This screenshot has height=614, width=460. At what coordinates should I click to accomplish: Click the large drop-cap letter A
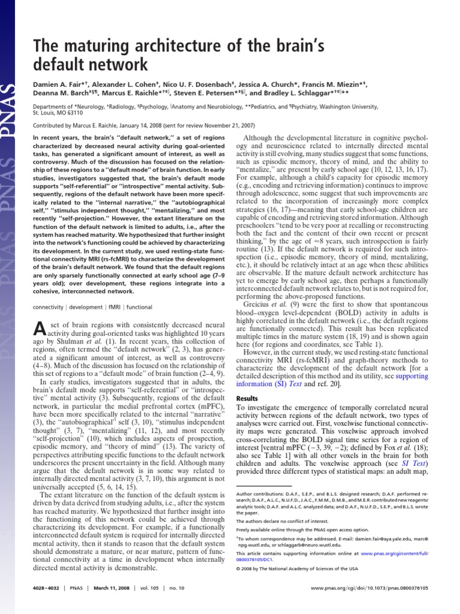coord(37,328)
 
